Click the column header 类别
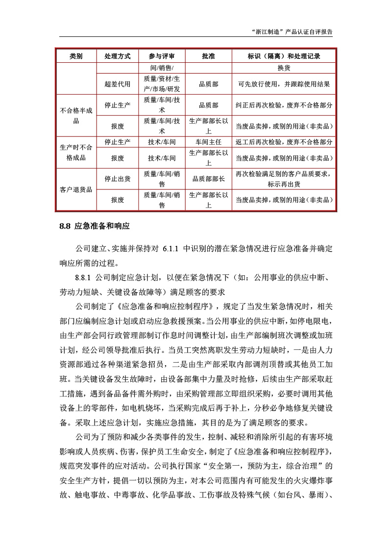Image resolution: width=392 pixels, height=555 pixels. coord(76,56)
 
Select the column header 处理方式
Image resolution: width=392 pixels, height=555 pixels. coord(118,56)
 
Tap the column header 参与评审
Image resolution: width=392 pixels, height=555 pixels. coord(162,56)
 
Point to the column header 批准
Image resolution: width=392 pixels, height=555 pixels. coord(208,56)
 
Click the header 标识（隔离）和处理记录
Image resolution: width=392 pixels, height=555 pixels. coord(284,56)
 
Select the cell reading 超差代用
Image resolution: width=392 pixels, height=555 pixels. coord(118,84)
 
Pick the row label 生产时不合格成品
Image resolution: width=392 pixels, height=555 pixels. coord(76,152)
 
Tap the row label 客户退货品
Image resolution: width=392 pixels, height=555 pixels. coord(76,189)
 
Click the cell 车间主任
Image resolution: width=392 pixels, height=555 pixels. coord(208,142)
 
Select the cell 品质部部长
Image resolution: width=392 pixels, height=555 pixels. coord(208,179)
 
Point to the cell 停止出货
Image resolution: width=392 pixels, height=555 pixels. coord(118,179)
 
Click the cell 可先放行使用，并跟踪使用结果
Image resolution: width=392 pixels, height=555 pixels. coord(284,84)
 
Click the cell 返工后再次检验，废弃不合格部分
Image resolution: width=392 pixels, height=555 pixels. coord(284,142)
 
